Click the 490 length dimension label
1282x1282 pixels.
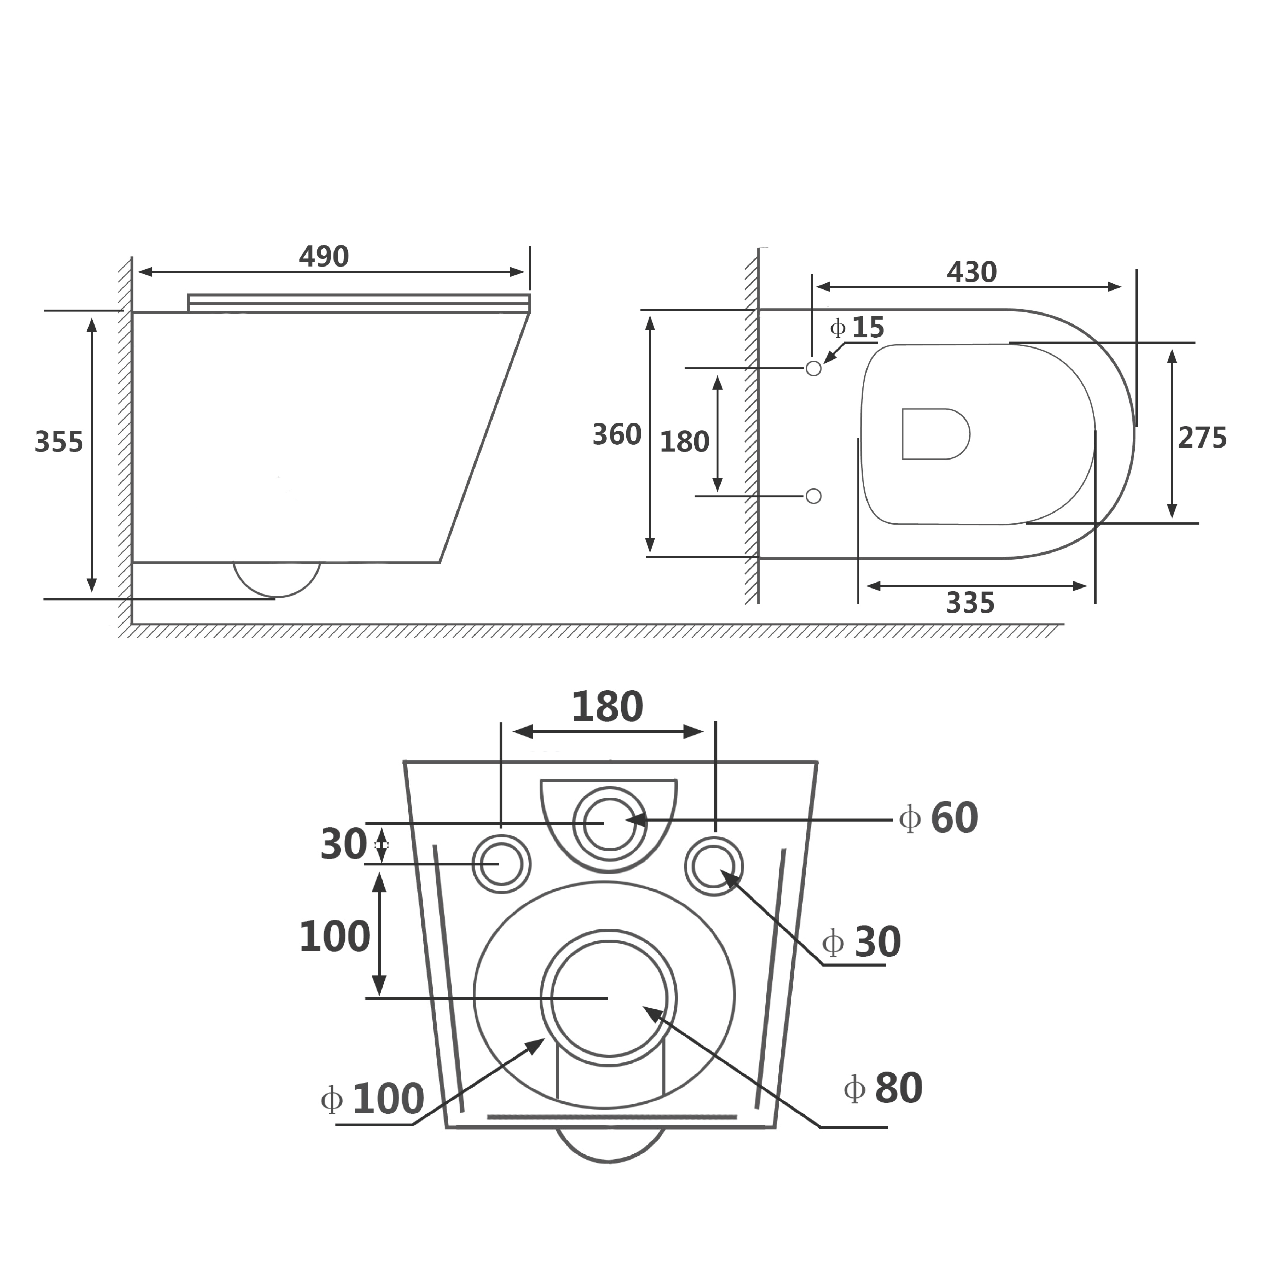point(324,257)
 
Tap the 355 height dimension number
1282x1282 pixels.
point(59,442)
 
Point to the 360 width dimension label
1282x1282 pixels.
point(617,435)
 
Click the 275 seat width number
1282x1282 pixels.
point(1202,438)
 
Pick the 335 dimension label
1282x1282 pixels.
point(969,603)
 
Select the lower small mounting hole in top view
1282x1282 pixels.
point(813,496)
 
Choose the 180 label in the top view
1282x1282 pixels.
point(684,442)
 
